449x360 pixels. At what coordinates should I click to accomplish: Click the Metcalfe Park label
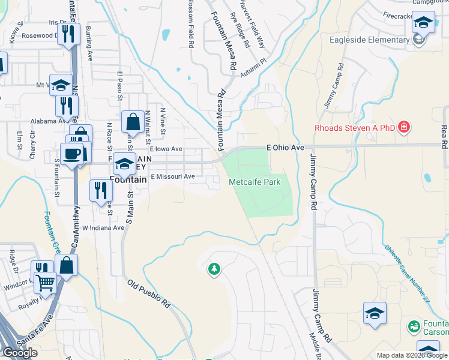(x=255, y=182)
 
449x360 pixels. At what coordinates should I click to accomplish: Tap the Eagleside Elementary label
(x=369, y=40)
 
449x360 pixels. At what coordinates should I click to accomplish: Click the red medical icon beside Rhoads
(x=405, y=127)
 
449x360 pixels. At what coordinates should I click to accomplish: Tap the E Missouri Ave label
(x=173, y=176)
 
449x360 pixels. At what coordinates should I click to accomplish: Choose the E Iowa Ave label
(x=166, y=149)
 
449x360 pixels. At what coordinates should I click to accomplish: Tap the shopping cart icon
(x=46, y=281)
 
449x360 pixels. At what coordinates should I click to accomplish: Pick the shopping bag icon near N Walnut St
(x=132, y=122)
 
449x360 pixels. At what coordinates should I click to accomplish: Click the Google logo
(x=20, y=353)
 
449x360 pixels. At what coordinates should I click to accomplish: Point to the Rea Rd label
(x=444, y=137)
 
